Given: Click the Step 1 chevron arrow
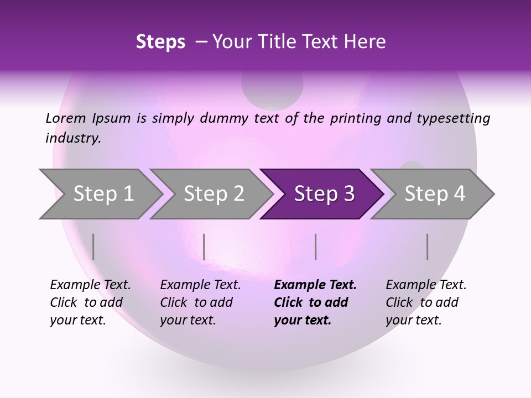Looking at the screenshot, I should pos(102,194).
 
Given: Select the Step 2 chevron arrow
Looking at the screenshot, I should pos(213,194).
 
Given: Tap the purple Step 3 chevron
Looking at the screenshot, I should pos(324,194).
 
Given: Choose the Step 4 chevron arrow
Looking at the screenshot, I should pos(434,194).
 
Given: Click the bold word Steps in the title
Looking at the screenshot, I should pos(160,41).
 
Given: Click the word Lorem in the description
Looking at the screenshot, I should pos(65,118).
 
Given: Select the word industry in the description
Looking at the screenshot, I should pos(72,138).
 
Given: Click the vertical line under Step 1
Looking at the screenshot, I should pos(93,247).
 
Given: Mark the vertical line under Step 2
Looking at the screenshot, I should pos(204,247).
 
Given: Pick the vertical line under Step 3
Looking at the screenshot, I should pos(315,247).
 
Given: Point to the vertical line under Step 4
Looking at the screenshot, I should pos(427,247).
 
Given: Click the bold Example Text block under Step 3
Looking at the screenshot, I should pos(315,302).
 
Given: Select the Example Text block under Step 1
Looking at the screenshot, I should pos(90,302).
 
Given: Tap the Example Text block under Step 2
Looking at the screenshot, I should pos(200,302).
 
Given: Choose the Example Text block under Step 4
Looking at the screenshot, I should pos(426,302).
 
